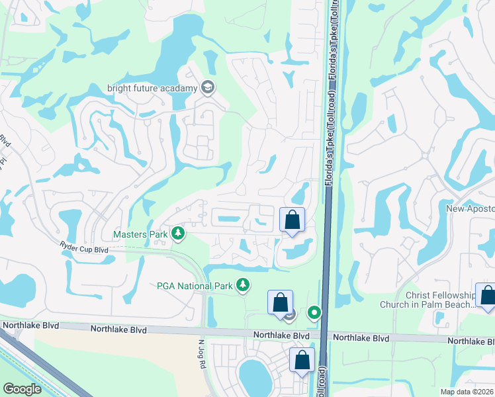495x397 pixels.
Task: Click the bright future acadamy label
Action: click(152, 88)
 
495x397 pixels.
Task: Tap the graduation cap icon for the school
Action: click(208, 87)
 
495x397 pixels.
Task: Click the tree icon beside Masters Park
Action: click(177, 234)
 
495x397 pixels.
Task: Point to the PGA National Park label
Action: click(195, 286)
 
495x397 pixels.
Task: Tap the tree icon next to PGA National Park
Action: click(244, 285)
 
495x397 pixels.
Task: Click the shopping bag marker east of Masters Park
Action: click(292, 220)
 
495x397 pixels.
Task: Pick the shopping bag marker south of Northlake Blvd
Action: click(302, 361)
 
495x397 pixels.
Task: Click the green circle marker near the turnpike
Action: click(314, 312)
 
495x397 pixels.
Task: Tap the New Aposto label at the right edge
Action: click(471, 209)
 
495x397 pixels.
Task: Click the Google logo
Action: click(22, 388)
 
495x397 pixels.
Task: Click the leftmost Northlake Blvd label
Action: click(30, 326)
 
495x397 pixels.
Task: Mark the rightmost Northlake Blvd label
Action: click(471, 341)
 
